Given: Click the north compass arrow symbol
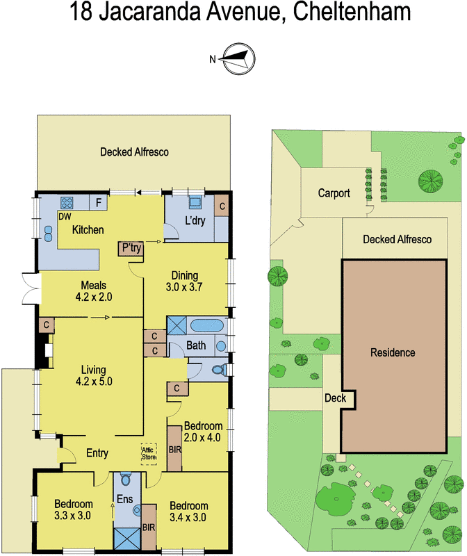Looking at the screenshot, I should pos(237,58).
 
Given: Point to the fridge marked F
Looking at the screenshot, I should pos(99,204).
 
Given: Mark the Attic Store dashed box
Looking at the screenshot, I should pos(149,452).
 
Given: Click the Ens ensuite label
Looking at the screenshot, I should pos(125,500).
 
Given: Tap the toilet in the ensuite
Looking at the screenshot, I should pos(126,480).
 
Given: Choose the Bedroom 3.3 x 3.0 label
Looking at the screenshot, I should pos(74,510).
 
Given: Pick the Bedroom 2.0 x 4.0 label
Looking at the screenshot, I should pos(203,432).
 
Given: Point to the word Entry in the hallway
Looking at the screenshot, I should pos(97,453).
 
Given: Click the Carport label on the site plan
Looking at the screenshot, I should pos(334,193).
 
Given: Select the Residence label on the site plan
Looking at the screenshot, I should pos(393,353).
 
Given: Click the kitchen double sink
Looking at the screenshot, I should pos(49,231).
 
